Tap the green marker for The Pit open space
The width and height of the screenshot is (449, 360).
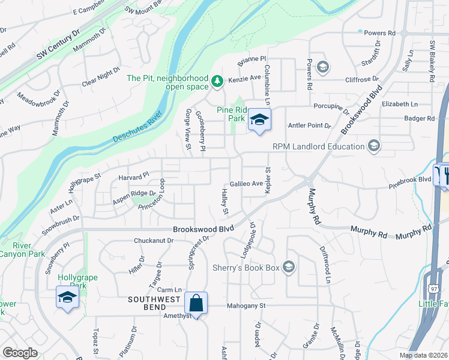point(217,80)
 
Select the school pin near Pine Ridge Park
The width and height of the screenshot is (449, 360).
point(259,120)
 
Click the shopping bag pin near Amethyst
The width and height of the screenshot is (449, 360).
point(196,302)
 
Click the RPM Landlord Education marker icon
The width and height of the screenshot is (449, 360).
point(374,146)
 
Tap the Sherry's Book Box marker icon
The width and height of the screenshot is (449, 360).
point(288,267)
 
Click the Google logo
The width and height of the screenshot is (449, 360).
point(20,352)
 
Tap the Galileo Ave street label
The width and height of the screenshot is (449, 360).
point(247,184)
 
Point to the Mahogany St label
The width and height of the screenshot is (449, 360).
point(246,305)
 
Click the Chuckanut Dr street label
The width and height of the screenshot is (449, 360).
point(153,241)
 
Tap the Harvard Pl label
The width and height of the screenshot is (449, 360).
point(134,177)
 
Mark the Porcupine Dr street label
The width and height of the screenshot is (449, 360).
point(331,108)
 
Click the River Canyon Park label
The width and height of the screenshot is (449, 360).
point(22,250)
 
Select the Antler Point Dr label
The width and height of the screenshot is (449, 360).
point(310,125)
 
